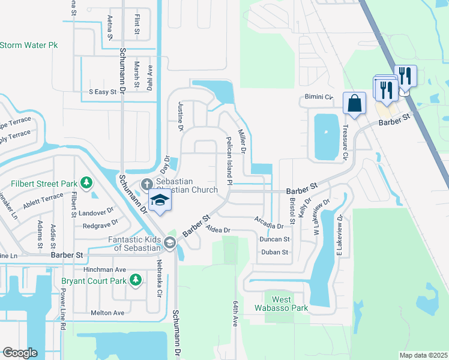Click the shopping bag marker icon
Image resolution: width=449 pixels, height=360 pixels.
(354, 103)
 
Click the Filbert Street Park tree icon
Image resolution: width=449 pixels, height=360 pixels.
(86, 182)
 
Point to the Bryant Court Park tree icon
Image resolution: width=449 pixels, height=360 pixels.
(136, 280)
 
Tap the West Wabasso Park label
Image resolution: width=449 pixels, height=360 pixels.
(282, 304)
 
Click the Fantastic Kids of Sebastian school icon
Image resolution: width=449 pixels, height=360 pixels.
(170, 243)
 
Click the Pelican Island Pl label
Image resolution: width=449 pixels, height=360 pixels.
(229, 160)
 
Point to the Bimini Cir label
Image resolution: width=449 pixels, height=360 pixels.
(316, 97)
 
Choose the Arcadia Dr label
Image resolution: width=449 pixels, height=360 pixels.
(268, 226)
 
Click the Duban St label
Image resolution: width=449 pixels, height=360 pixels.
(276, 252)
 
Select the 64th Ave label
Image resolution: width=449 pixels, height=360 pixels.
(235, 313)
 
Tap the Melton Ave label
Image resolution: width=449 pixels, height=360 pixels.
(107, 313)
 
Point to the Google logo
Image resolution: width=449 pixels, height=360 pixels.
(20, 352)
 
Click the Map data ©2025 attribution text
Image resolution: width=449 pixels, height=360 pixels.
(423, 355)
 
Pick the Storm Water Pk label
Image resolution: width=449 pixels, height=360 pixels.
(29, 45)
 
